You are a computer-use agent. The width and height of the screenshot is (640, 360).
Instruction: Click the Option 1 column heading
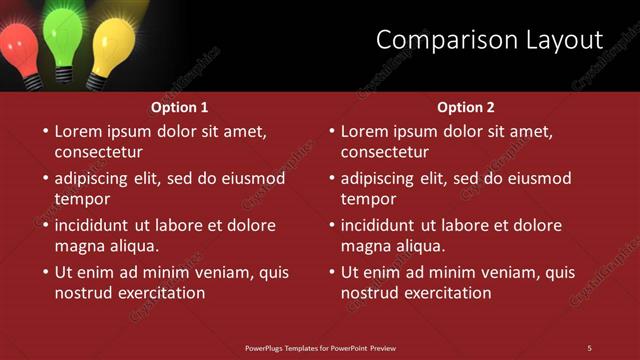coord(180,107)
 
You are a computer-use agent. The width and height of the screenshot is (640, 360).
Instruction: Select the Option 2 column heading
coord(466,107)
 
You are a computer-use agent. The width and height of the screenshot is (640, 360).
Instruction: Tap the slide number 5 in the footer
coord(589,347)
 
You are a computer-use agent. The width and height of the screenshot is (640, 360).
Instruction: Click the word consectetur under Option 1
coord(98,152)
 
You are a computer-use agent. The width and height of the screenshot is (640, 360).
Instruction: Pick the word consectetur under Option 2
coord(384,152)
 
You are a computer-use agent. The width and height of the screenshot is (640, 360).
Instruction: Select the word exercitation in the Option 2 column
coord(446,293)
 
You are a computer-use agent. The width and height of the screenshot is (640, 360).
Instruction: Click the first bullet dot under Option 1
coord(44,131)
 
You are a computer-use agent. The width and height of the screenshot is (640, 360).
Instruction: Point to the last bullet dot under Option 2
coord(330,272)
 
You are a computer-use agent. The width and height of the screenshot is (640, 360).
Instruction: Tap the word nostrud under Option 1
coord(83,293)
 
